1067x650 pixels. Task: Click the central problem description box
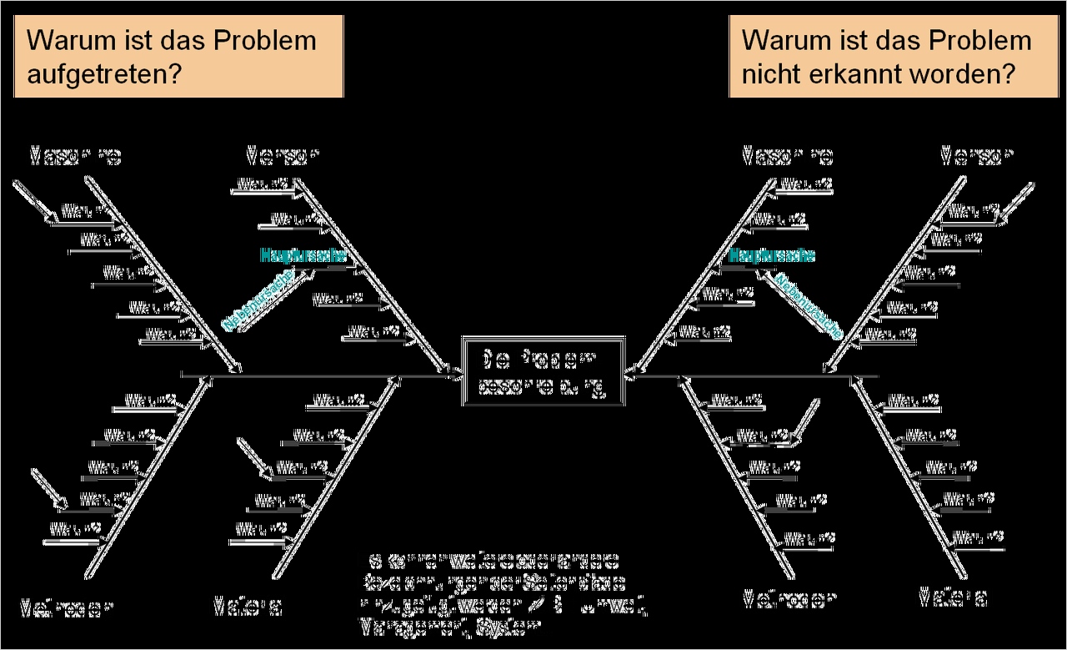543,373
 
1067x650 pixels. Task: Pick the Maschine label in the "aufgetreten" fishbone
76,156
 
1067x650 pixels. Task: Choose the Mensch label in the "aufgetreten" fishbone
283,156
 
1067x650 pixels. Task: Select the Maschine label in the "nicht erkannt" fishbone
788,156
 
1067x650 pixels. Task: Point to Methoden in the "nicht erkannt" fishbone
789,599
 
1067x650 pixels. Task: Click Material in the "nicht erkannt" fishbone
954,597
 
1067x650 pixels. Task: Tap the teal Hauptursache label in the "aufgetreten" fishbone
303,255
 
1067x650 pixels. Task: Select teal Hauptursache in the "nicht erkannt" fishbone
772,255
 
